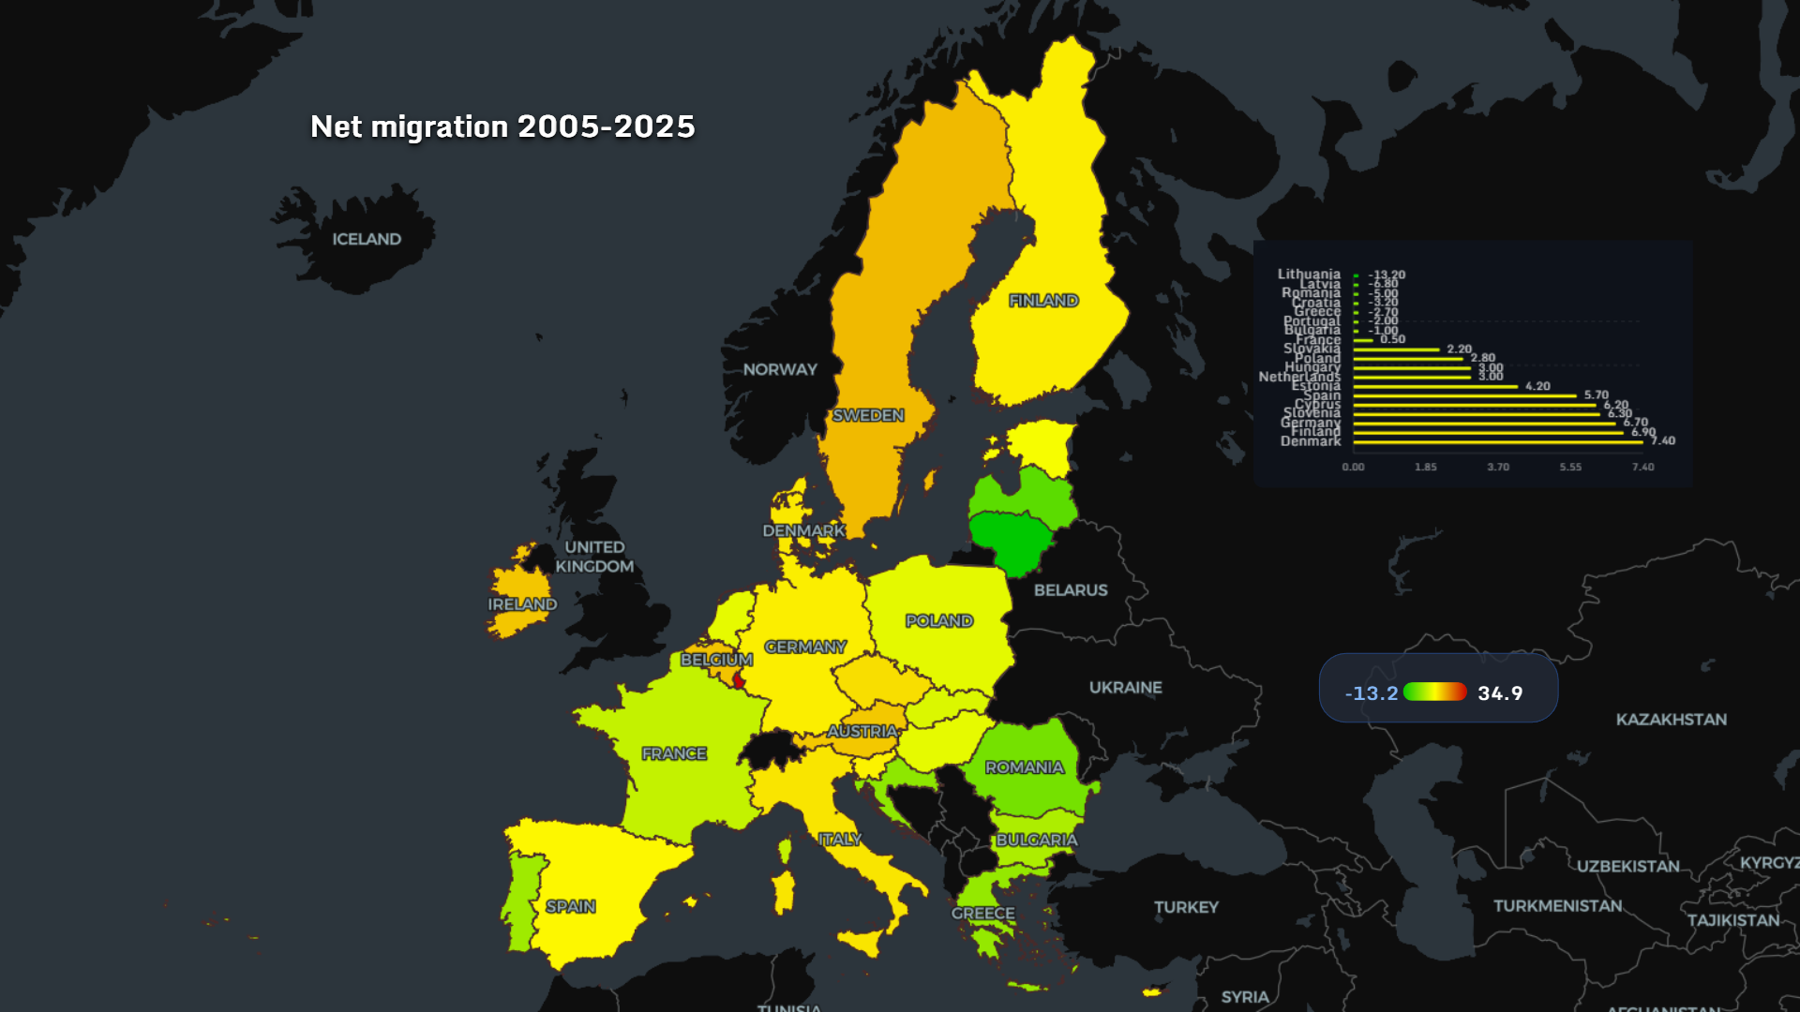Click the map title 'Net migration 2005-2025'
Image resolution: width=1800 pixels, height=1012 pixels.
(x=502, y=126)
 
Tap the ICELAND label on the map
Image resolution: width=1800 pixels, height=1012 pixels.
(x=367, y=239)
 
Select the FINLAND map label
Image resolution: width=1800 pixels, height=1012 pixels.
(x=1043, y=300)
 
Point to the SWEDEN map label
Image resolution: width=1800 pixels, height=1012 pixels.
(x=868, y=415)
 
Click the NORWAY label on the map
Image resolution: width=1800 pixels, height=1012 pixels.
(x=780, y=369)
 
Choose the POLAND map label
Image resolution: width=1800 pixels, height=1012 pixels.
(x=939, y=620)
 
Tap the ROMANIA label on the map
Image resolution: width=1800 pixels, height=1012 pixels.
(x=1025, y=767)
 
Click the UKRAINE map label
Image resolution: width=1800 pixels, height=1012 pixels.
(x=1125, y=687)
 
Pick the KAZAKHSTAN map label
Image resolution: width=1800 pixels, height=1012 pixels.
(x=1671, y=719)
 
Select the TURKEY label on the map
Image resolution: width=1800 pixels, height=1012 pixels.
(x=1186, y=907)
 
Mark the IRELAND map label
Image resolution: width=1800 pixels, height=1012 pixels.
(x=522, y=604)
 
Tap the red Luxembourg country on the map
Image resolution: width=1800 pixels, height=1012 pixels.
(x=739, y=680)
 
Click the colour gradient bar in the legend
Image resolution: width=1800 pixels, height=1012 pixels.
(x=1434, y=692)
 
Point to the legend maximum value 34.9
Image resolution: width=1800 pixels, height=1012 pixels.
(x=1500, y=693)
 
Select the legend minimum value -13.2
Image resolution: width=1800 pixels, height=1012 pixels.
(x=1371, y=693)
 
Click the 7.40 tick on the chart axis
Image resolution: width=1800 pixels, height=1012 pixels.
(x=1642, y=467)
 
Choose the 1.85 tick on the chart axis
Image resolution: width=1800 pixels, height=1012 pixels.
(x=1425, y=467)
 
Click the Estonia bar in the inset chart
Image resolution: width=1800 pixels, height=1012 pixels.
(x=1434, y=386)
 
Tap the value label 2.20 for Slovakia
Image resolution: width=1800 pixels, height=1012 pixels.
(x=1459, y=349)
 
